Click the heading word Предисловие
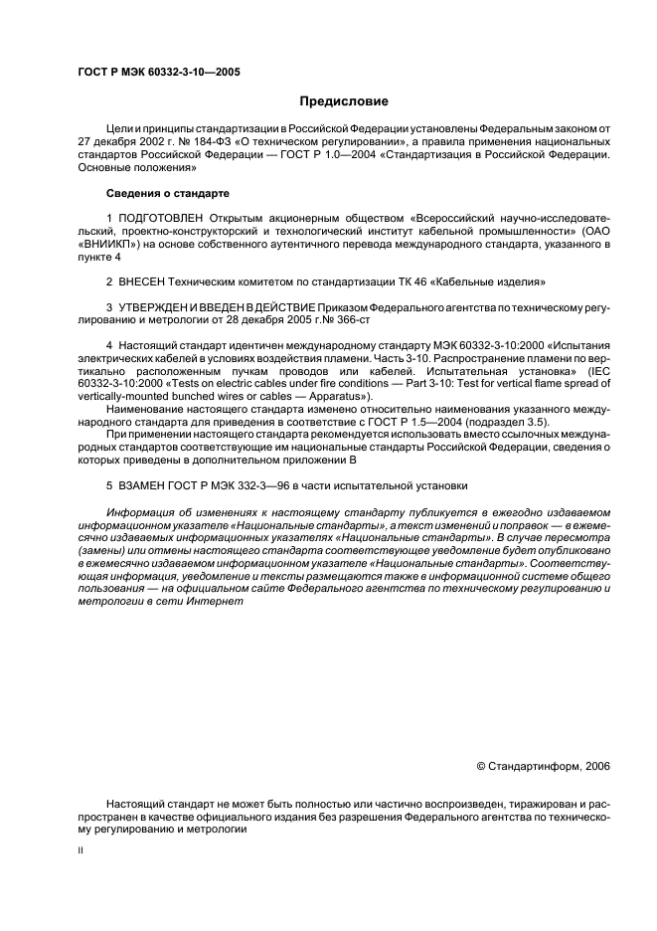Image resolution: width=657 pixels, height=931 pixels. click(345, 101)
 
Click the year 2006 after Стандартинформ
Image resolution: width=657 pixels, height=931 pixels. click(593, 766)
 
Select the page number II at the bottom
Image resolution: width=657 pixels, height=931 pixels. click(82, 851)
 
